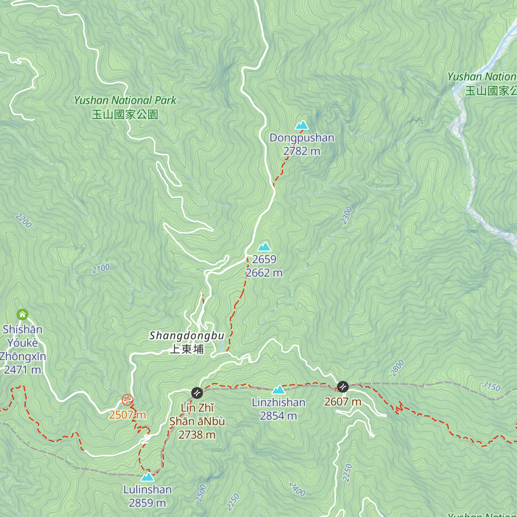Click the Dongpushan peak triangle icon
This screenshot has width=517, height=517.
[302, 125]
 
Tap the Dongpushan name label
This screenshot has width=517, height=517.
[302, 138]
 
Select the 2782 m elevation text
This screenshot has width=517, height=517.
[302, 151]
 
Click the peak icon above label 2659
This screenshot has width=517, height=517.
[264, 247]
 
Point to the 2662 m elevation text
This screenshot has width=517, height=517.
[264, 273]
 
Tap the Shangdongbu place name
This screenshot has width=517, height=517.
[187, 336]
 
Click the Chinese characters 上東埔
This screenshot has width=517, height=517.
[187, 349]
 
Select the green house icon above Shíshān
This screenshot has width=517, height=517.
[22, 315]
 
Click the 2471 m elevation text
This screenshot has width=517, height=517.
[22, 370]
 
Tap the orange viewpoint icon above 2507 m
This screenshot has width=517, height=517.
[127, 400]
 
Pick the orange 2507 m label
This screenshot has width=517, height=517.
[127, 415]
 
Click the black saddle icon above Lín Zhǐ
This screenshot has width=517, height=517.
[197, 393]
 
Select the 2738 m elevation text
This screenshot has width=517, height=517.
[197, 435]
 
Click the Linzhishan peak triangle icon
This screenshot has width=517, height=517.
[278, 390]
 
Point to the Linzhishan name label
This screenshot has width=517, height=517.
[278, 402]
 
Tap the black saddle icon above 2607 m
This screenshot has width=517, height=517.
[343, 386]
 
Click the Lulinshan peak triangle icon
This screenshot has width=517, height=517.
[147, 477]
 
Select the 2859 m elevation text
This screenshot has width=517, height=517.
[147, 503]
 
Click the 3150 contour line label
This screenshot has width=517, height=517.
[491, 386]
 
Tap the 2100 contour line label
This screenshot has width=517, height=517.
[101, 268]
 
